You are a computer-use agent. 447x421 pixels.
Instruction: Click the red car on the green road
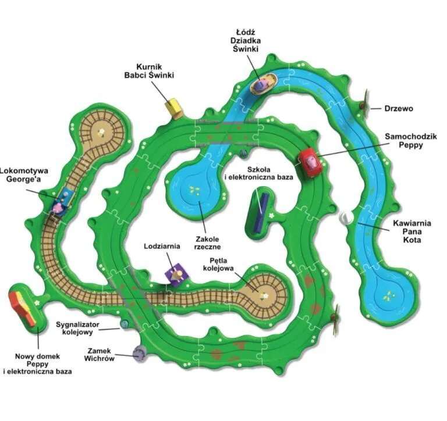(x=310, y=163)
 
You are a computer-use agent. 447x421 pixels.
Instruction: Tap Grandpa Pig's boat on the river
(x=264, y=83)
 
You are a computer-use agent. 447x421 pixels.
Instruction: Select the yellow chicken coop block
(x=173, y=108)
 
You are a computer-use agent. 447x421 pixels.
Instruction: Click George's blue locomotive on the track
(x=63, y=201)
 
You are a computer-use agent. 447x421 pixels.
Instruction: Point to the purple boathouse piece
(x=177, y=274)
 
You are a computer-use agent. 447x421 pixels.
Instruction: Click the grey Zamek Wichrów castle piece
(x=140, y=353)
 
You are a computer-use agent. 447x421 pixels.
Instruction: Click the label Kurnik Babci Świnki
(x=149, y=71)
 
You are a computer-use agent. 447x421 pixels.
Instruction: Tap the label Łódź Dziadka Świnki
(x=246, y=40)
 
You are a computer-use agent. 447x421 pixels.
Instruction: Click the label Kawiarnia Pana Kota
(x=412, y=231)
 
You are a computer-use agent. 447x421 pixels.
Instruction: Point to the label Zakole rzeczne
(x=207, y=242)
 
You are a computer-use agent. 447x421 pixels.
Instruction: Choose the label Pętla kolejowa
(x=218, y=264)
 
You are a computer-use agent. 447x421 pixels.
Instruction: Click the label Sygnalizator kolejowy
(x=77, y=328)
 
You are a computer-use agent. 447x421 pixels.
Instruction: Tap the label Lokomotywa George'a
(x=24, y=175)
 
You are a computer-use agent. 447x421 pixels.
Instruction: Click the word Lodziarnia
(x=162, y=246)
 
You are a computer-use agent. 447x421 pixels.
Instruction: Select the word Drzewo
(x=399, y=109)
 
